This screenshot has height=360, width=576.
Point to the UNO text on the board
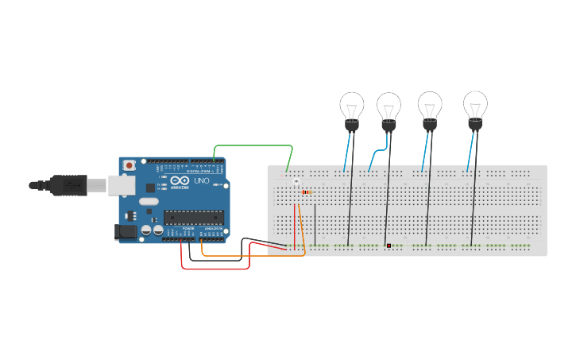(x=202, y=180)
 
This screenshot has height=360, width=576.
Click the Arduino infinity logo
(x=180, y=181)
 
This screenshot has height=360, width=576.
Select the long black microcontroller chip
(x=193, y=215)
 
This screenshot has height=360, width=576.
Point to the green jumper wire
(x=254, y=146)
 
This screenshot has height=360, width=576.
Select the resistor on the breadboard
(x=307, y=192)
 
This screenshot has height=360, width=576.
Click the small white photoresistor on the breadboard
(x=296, y=183)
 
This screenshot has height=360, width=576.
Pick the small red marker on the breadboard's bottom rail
(x=389, y=246)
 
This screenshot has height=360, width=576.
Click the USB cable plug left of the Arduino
(x=68, y=184)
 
